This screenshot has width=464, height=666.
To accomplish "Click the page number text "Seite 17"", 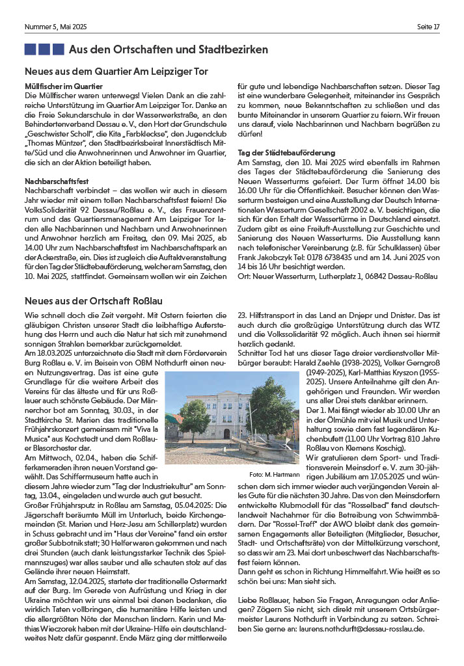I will click(428, 27).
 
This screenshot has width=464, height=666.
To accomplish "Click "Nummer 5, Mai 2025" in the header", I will click(55, 27).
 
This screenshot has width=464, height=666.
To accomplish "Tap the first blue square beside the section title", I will click(30, 49).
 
